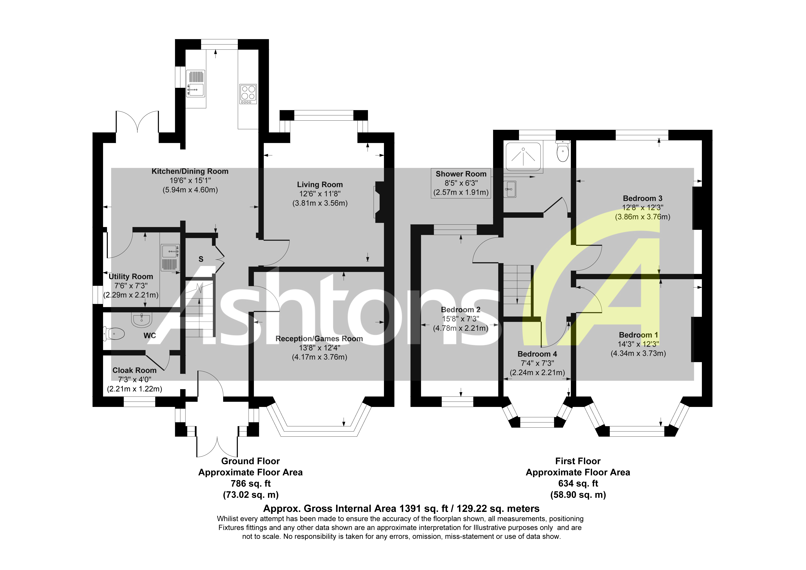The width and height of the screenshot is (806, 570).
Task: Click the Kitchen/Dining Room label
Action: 190,171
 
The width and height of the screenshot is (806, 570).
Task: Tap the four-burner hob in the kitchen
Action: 248,94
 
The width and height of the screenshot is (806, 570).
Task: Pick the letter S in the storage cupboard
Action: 201,259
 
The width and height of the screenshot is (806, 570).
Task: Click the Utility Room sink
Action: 170,258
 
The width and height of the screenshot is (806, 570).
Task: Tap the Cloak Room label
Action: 134,370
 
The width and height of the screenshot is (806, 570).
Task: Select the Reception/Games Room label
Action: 319,339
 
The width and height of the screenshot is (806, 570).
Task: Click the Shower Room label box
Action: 461,183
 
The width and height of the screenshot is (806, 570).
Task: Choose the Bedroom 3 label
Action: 642,199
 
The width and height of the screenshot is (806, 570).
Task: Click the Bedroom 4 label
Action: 537,354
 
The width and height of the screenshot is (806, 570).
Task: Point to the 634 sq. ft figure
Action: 578,484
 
